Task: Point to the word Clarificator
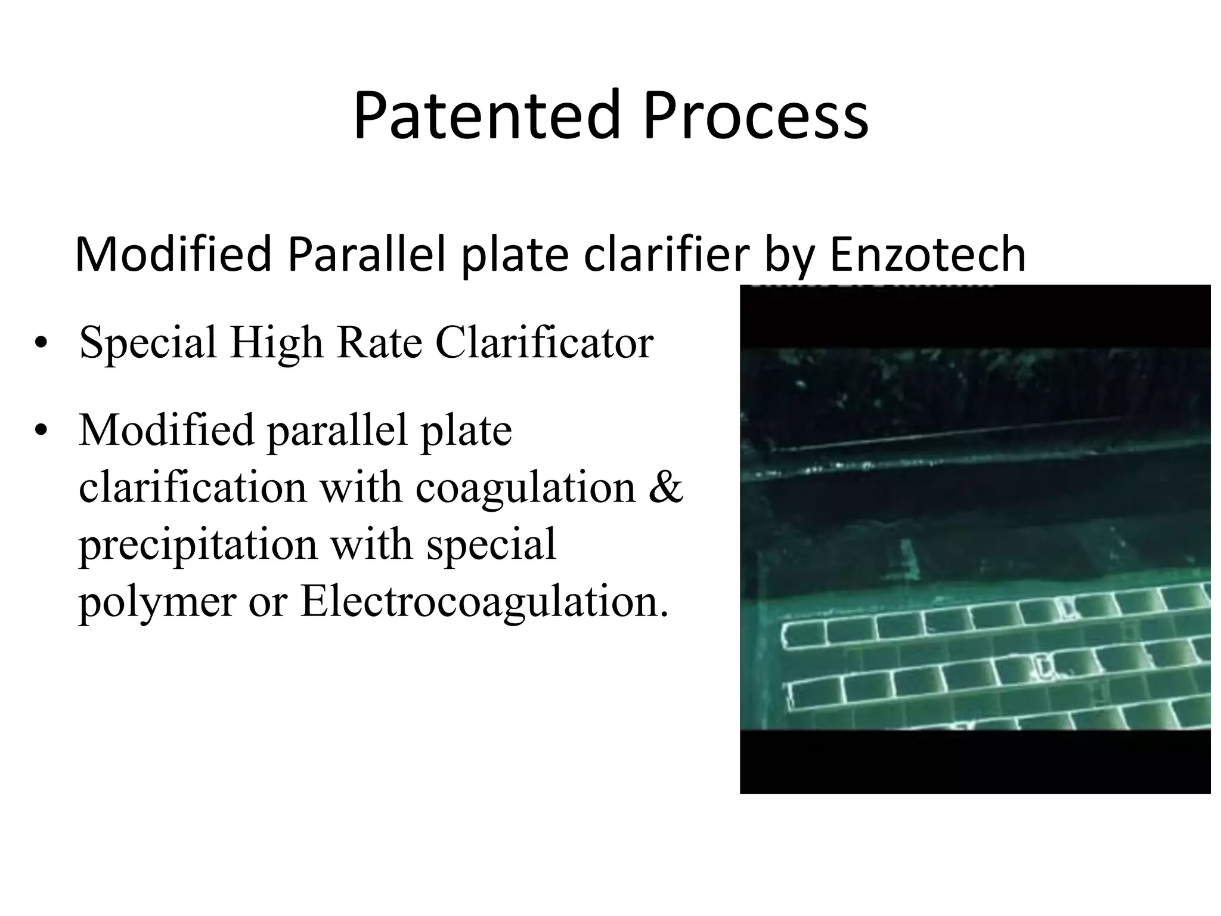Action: click(544, 344)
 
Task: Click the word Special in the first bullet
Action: click(148, 344)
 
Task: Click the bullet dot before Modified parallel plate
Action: click(41, 431)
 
